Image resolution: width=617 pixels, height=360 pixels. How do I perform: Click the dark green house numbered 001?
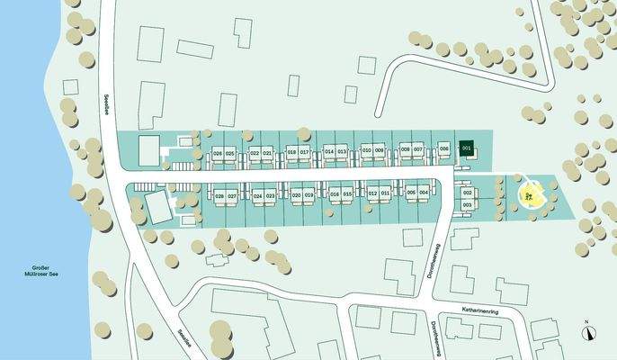[x=466, y=148]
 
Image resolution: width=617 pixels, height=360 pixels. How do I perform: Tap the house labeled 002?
[x=468, y=193]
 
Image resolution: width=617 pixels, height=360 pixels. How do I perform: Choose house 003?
[x=468, y=205]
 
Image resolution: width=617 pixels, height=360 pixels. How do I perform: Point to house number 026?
[x=218, y=153]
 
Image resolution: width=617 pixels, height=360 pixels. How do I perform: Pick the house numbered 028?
[x=219, y=195]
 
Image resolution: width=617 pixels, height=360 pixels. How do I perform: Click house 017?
[x=305, y=152]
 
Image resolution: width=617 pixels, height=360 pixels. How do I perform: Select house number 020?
[x=296, y=195]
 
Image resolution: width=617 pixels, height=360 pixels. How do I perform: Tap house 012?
[x=372, y=193]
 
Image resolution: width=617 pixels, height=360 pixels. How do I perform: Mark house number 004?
[x=424, y=193]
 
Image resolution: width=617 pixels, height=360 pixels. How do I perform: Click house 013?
[x=342, y=151]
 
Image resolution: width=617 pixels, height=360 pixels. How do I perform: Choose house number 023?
[x=270, y=195]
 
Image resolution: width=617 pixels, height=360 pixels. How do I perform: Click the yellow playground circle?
[x=531, y=195]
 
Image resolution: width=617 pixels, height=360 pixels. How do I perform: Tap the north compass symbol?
[x=588, y=330]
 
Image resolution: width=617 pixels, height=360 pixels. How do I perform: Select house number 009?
[x=380, y=150]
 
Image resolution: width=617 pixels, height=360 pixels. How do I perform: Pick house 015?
[x=347, y=194]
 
